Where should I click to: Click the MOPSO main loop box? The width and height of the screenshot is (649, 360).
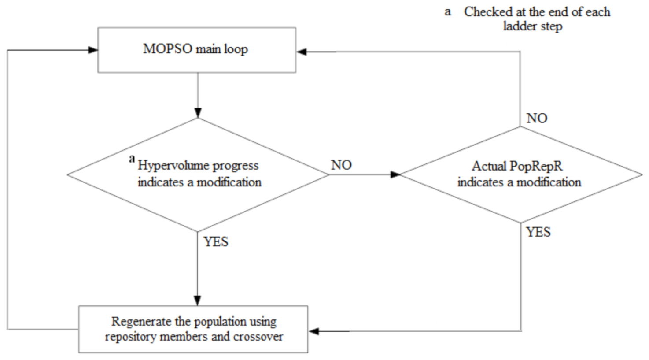[x=196, y=50]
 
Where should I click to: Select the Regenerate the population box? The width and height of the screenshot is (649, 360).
[x=193, y=329]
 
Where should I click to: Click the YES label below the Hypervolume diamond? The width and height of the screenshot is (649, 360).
[x=216, y=242]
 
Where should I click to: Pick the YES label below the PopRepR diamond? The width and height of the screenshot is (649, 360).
[x=538, y=232]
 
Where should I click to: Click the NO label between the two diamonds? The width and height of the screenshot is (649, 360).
[x=341, y=165]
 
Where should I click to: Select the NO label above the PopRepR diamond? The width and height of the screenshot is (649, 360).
[x=537, y=118]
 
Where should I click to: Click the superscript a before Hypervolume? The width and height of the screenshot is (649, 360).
[x=132, y=159]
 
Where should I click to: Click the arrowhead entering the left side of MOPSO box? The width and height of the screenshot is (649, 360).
[x=93, y=50]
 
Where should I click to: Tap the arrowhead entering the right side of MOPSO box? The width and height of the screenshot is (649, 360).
[x=302, y=52]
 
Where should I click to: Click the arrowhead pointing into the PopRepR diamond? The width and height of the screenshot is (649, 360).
[x=395, y=174]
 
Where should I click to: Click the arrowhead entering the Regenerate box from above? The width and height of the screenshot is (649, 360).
[x=197, y=301]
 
